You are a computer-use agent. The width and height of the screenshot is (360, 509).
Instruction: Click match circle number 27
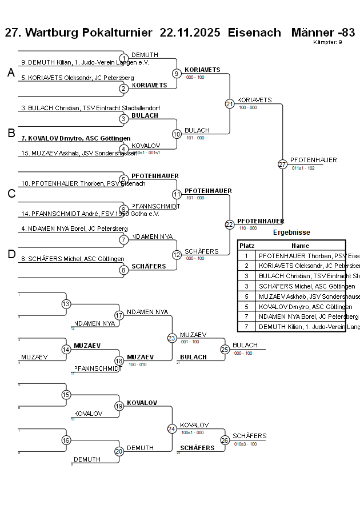(282, 165)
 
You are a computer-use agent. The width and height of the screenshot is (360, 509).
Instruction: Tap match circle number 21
(230, 104)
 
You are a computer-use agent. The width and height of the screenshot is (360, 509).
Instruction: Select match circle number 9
(177, 74)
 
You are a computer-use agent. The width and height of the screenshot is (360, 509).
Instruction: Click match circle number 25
(225, 349)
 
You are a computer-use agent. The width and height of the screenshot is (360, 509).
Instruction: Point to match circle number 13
(66, 304)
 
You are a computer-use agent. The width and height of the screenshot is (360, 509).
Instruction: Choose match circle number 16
(66, 440)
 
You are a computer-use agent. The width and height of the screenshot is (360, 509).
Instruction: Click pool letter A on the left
(11, 73)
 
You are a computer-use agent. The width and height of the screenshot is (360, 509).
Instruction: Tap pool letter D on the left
(11, 255)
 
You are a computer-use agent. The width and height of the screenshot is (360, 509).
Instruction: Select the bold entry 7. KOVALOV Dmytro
(75, 138)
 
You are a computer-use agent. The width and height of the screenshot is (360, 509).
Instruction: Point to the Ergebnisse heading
(291, 233)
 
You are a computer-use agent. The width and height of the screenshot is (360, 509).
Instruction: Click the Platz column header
(247, 246)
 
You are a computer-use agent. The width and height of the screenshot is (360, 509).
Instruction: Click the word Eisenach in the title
(254, 33)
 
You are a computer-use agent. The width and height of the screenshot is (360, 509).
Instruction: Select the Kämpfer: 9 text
(327, 42)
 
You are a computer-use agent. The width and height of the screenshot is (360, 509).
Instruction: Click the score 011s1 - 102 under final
(303, 169)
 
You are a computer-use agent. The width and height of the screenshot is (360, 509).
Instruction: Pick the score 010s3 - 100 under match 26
(245, 444)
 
